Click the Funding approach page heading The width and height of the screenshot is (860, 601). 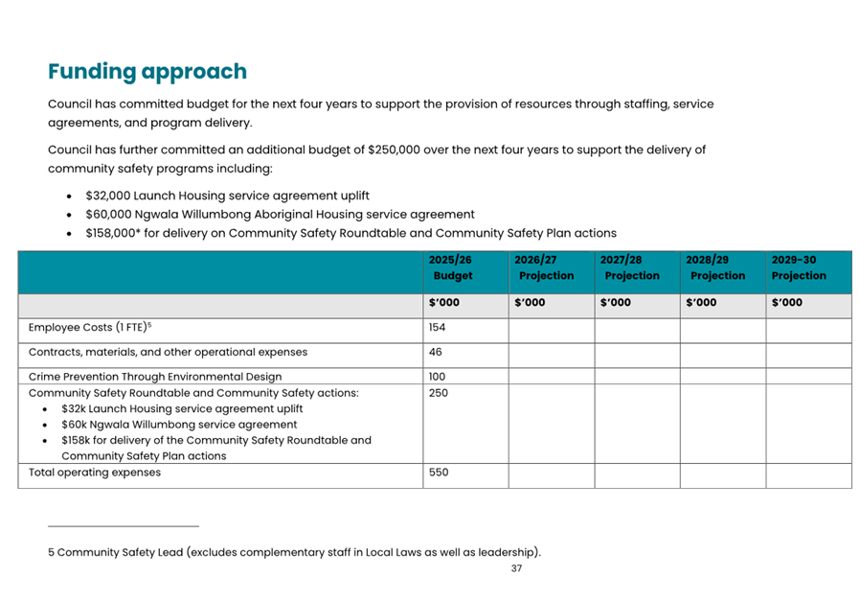(147, 72)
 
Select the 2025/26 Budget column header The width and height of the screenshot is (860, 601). (452, 267)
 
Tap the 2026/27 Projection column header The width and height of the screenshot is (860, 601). (544, 267)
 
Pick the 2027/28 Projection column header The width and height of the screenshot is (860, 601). (629, 267)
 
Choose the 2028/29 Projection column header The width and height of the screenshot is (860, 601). (715, 267)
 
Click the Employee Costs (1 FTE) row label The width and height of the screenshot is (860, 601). (90, 328)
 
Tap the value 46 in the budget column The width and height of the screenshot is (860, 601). (436, 352)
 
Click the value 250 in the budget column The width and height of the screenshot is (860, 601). (439, 393)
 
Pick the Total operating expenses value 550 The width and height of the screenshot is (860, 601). (439, 473)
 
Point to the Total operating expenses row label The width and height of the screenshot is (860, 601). (95, 473)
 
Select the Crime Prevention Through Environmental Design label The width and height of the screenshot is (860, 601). (155, 377)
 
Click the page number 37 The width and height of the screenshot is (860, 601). (516, 568)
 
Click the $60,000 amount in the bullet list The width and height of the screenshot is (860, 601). (111, 215)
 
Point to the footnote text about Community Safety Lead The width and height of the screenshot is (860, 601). (294, 552)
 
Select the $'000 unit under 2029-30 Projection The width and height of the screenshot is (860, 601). (786, 303)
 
